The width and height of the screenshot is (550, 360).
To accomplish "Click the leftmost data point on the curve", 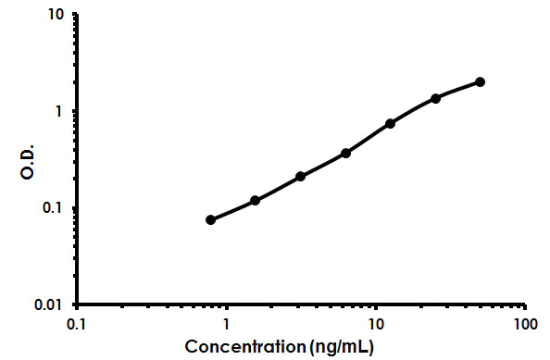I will coord(210,219).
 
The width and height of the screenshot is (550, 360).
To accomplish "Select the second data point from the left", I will coord(255,200).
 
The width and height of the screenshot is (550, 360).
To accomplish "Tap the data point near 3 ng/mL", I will coord(301,176).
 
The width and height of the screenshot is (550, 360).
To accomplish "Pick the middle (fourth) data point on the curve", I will coord(345,153).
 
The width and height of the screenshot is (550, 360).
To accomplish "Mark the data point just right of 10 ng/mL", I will coord(390,123).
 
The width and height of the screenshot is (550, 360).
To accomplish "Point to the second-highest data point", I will coord(435,98).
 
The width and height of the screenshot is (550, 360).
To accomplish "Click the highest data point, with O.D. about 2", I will coord(480,81).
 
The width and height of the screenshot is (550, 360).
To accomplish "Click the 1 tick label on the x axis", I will coord(226,325).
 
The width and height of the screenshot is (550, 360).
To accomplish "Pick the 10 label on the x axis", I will coord(375,325).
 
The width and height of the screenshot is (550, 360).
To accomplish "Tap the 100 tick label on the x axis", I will coord(524,325).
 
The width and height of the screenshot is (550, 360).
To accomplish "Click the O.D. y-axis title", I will coord(28,161).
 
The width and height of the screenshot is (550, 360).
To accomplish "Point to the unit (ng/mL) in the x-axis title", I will coord(342,347).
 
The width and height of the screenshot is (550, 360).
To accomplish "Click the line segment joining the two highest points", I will coord(457,89).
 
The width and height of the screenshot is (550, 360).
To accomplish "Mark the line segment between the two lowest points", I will coord(232,210).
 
